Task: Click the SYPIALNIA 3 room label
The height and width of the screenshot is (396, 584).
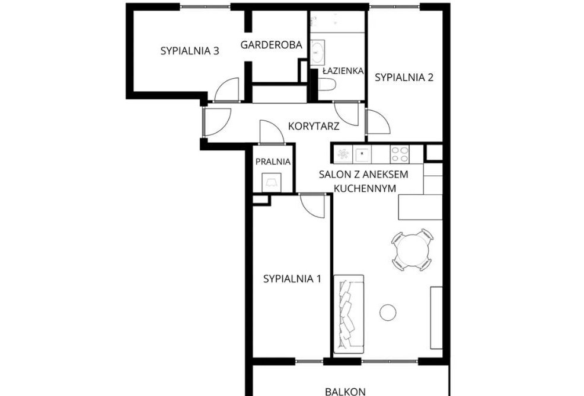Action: point(190,51)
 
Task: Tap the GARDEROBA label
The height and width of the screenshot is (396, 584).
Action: point(272,44)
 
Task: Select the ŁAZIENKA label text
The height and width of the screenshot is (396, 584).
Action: point(342,71)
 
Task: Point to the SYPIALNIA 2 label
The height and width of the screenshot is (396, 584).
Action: point(404,77)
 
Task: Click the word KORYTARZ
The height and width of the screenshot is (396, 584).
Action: point(313,126)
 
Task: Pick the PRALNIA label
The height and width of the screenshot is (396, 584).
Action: point(273,162)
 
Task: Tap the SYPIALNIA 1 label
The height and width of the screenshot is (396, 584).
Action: point(292,279)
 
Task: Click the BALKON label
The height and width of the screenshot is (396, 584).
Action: point(345,391)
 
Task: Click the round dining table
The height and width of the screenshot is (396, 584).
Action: point(411,249)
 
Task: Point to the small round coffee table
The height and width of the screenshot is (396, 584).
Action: point(388,311)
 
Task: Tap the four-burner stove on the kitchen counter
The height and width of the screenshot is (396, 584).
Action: point(399,154)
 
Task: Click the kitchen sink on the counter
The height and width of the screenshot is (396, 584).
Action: point(362,154)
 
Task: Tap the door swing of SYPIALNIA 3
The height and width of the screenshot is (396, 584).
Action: point(226,91)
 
